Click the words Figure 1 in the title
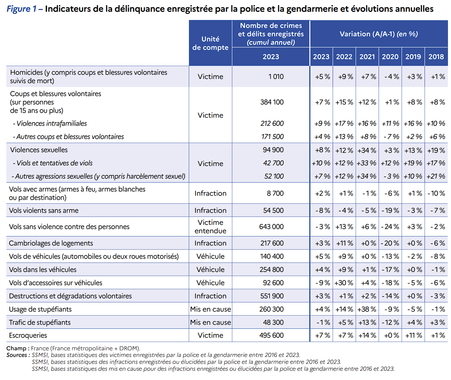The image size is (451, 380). pos(22,9)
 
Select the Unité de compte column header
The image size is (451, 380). pos(210,43)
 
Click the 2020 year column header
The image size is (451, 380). pos(390,56)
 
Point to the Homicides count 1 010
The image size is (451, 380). pos(276,77)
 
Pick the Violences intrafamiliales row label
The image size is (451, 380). pos(50,123)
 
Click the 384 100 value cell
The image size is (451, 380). pos(272,102)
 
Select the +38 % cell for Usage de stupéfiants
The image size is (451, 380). pos(367,309)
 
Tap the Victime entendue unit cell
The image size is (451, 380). pos(210,227)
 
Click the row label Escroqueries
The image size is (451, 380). pos(28,335)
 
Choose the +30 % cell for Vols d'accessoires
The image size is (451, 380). pos(344,283)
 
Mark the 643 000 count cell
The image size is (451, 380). pos(271,227)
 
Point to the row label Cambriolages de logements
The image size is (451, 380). pos(51,243)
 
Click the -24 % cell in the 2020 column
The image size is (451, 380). pos(390,227)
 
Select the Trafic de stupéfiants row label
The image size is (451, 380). pos(40,322)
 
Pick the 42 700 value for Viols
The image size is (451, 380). pos(273,163)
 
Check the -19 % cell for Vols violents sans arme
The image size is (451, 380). pos(390,210)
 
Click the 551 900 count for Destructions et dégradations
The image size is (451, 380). pos(272,296)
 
